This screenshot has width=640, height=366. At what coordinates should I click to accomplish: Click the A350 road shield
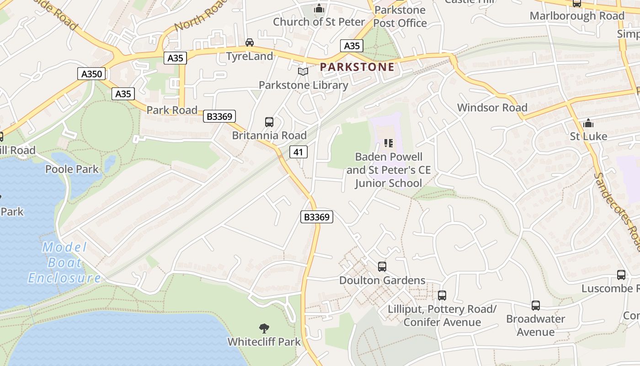pyautogui.click(x=92, y=74)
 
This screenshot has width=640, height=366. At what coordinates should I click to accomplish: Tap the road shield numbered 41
pyautogui.click(x=298, y=152)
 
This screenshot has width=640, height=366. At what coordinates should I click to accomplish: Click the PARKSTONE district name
pyautogui.click(x=357, y=67)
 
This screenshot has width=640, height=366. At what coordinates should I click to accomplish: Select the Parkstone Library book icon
pyautogui.click(x=303, y=71)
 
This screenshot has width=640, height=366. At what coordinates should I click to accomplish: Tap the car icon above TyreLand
pyautogui.click(x=250, y=43)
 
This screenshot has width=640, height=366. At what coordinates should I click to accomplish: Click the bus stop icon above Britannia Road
pyautogui.click(x=269, y=122)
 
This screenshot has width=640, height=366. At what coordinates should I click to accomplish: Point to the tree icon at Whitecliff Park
pyautogui.click(x=264, y=328)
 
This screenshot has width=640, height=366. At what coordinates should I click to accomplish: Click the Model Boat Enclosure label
pyautogui.click(x=64, y=263)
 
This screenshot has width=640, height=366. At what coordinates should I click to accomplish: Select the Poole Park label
pyautogui.click(x=72, y=169)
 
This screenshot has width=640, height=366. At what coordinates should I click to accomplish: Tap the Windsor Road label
pyautogui.click(x=492, y=108)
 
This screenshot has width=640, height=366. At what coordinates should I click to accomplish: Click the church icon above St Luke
pyautogui.click(x=588, y=123)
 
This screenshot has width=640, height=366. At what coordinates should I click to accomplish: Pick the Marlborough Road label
pyautogui.click(x=577, y=16)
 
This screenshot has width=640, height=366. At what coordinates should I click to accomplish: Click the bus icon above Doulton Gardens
pyautogui.click(x=382, y=266)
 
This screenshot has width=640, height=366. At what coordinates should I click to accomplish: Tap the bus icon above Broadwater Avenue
pyautogui.click(x=535, y=305)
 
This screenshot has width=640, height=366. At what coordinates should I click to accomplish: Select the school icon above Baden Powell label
pyautogui.click(x=389, y=143)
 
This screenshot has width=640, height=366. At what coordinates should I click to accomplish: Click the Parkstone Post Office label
pyautogui.click(x=400, y=16)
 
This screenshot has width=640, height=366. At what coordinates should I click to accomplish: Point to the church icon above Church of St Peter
pyautogui.click(x=319, y=8)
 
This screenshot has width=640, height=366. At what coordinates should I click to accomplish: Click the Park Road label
pyautogui.click(x=172, y=110)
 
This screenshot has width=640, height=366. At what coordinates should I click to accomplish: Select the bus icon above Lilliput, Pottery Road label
pyautogui.click(x=442, y=296)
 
